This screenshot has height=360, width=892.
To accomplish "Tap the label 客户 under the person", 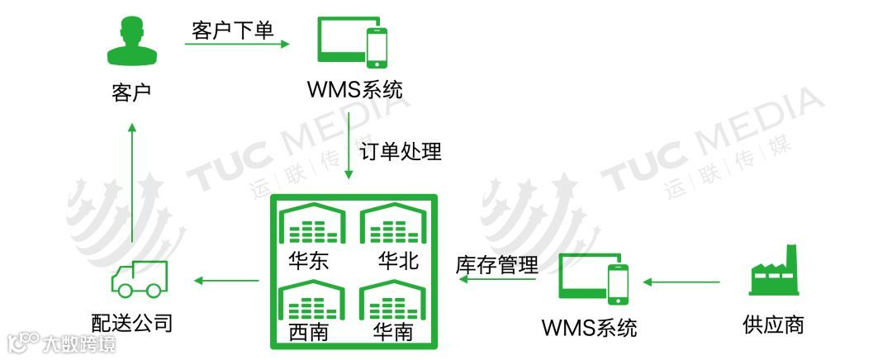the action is pos(130,92).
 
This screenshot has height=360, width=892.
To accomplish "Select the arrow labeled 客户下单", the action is pos(236,44).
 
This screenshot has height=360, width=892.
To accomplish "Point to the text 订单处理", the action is pos(401,151).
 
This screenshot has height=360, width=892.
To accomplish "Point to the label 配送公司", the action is pos(132,321).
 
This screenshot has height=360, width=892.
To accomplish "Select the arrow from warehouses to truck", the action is pos(226,281).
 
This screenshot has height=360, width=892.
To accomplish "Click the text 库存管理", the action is pos(497,265).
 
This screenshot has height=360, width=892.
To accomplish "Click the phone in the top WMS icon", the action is pos(377,47).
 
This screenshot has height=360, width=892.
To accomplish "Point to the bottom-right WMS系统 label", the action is pos(589,327).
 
